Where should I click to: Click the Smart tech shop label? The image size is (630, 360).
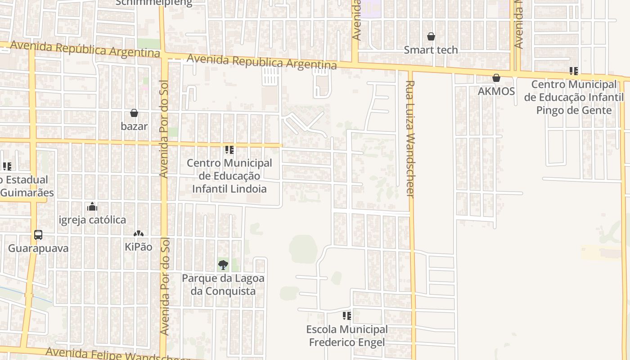coord(431,50)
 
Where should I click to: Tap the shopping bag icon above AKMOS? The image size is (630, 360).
coord(496,78)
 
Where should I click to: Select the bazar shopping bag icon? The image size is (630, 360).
coord(134,113)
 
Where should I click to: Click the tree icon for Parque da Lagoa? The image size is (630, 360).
coord(223,265)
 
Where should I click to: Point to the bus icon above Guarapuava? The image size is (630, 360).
coord(38,235)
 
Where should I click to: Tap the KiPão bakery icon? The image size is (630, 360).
coord(138,234)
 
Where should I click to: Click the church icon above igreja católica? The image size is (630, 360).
coord(92,207)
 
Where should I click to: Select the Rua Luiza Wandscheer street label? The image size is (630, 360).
coord(410,139)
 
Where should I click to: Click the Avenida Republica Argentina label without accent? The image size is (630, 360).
coord(261,62)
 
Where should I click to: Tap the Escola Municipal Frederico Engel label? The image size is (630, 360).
coord(346,336)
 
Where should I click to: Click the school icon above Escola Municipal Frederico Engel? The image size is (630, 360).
coord(346,316)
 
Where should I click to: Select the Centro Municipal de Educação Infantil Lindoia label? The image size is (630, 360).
coord(229,176)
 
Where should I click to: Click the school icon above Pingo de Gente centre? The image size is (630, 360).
coord(573,71)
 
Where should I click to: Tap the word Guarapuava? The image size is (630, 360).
coord(38,248)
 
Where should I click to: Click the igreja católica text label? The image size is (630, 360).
coord(93,220)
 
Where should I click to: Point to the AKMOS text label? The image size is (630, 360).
coord(496,91)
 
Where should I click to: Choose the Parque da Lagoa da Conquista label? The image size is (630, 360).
coord(223,284)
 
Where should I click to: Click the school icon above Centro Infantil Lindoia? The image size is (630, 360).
coord(229,149)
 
